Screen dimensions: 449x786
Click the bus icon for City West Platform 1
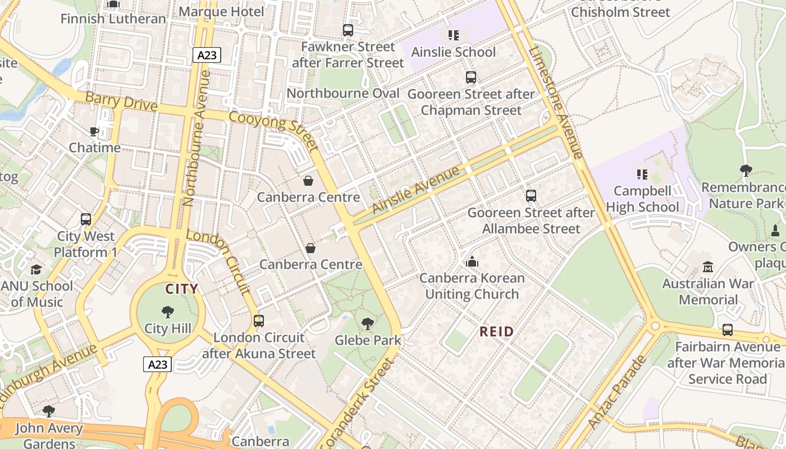[86, 219]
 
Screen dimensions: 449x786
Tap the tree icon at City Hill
[167, 312]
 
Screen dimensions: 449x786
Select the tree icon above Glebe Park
[368, 324]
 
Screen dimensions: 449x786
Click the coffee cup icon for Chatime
[94, 132]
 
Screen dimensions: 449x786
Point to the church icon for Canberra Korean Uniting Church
[472, 262]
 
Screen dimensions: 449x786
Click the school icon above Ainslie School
[454, 36]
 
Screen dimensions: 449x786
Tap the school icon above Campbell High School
[642, 175]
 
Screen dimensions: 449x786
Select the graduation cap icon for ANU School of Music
[36, 270]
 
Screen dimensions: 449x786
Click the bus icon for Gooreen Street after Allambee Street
[531, 196]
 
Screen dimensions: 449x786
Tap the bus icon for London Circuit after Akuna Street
[258, 321]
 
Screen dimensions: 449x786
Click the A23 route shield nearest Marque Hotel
[207, 55]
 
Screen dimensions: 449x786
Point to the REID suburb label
[497, 332]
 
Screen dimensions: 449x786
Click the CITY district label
[181, 290]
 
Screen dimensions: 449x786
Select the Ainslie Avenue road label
[416, 190]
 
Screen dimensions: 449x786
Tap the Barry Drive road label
[121, 102]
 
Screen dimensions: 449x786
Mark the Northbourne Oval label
[343, 93]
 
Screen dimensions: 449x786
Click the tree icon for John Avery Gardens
[49, 411]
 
